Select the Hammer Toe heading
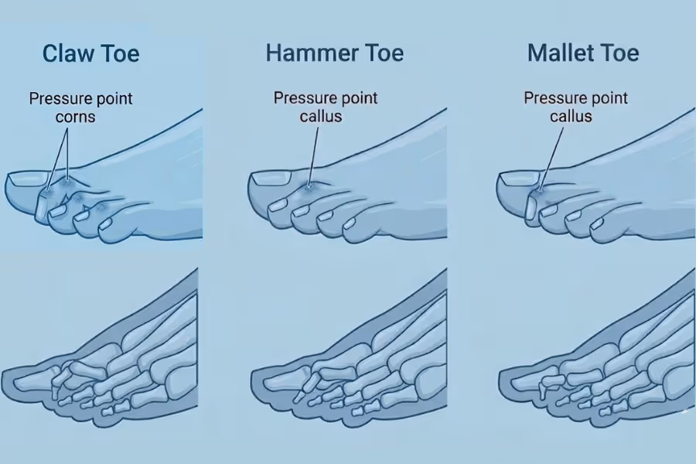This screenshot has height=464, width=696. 334,53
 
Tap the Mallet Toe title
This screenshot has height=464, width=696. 583,53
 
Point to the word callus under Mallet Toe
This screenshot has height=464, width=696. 571,117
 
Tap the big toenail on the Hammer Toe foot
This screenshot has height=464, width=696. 269,179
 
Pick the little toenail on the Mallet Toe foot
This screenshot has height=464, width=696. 597,225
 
